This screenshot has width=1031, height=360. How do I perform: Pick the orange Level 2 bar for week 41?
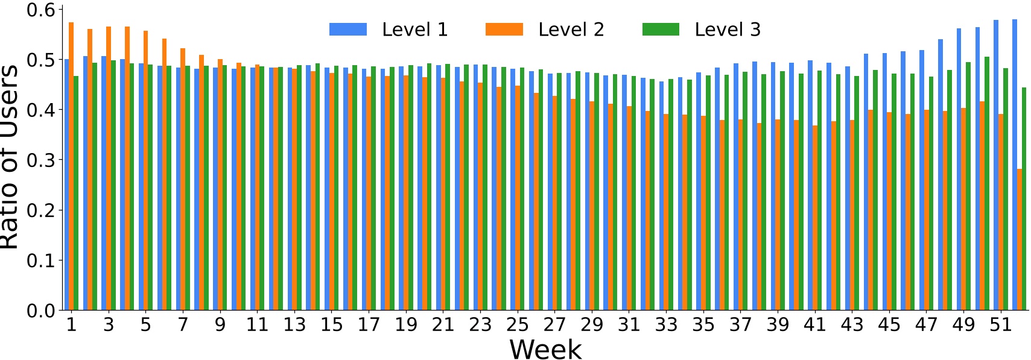tap(815, 218)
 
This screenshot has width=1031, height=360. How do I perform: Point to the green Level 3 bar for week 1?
tap(76, 193)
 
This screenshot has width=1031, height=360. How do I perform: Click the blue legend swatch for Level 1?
tap(347, 30)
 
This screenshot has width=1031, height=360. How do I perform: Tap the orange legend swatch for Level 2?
tap(504, 30)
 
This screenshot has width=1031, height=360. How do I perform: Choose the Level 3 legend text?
tap(728, 30)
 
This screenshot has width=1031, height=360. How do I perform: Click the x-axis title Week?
tap(545, 349)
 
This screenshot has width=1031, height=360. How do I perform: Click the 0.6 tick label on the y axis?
tap(41, 10)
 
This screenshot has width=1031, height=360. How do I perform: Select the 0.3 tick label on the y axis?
tap(41, 160)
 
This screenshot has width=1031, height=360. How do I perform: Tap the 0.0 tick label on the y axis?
tap(41, 311)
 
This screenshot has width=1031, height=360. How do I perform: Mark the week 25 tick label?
tap(517, 325)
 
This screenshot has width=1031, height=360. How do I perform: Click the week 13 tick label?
tap(294, 325)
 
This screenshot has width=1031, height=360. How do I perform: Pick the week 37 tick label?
tap(740, 325)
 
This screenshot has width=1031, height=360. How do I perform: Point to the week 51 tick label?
tap(1000, 325)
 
